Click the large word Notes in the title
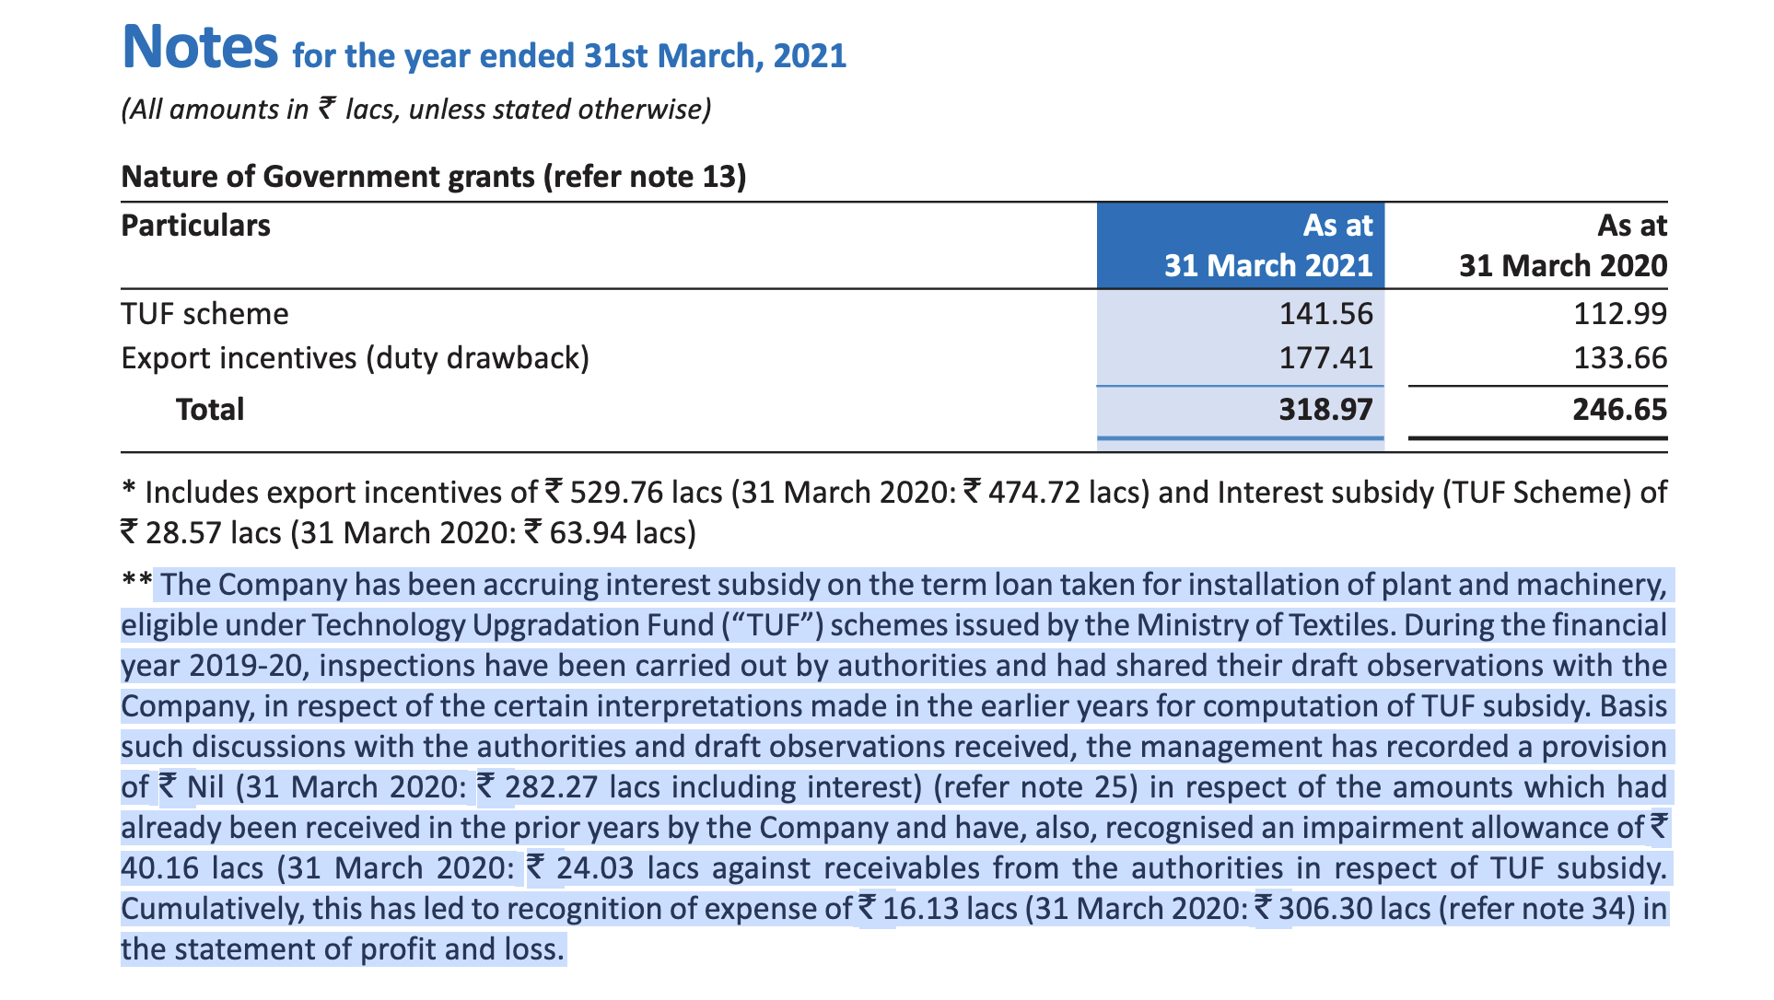(200, 47)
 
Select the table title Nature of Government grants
(329, 176)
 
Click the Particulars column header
(195, 226)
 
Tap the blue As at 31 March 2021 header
(1268, 245)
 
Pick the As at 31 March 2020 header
(1563, 245)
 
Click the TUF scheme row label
(204, 314)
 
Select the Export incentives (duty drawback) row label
(356, 357)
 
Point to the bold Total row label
(210, 409)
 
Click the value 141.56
(1325, 314)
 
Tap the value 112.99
(1620, 314)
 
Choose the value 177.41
(1325, 357)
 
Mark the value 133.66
(1620, 357)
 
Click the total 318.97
(1325, 409)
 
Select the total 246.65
(1620, 409)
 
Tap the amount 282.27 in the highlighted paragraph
(551, 787)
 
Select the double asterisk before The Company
(136, 581)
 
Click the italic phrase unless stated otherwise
(560, 110)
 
